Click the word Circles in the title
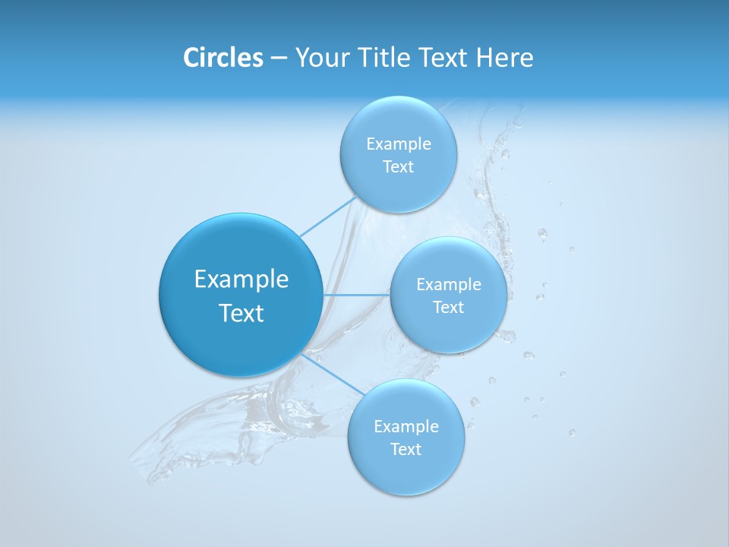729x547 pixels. [222, 58]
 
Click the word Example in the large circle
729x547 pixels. [241, 280]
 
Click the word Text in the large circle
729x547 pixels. [241, 313]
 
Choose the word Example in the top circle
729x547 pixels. [399, 144]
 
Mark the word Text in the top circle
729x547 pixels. [398, 167]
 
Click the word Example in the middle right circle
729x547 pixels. [449, 285]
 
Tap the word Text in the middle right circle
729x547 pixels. [448, 308]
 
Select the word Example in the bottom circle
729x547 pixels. [406, 427]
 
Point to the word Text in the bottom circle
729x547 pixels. [406, 450]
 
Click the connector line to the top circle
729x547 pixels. [328, 217]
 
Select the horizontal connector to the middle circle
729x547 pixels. [356, 295]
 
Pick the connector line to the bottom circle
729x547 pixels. [332, 375]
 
